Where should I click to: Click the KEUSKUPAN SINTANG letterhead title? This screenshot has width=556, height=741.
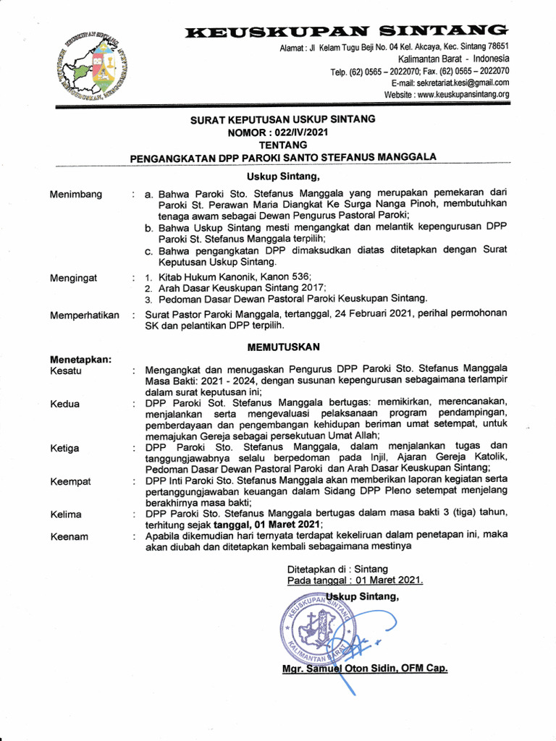(x=346, y=31)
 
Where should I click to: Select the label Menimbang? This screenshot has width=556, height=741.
(x=76, y=194)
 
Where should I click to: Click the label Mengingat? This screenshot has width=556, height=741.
(x=74, y=277)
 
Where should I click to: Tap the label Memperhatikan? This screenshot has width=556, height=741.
(x=85, y=316)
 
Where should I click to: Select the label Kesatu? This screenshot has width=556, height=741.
(x=66, y=371)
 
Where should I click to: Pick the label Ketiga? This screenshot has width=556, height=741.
(x=65, y=449)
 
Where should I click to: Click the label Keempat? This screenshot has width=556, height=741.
(x=69, y=481)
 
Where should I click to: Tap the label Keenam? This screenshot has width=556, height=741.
(x=69, y=537)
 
